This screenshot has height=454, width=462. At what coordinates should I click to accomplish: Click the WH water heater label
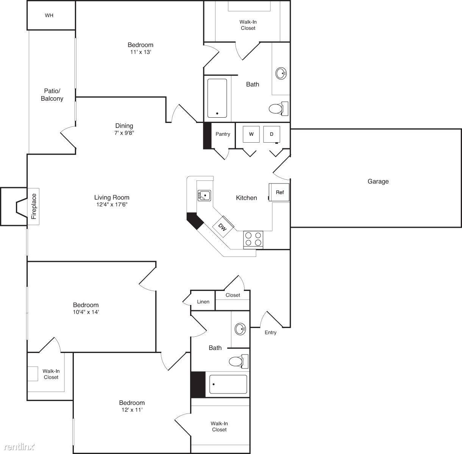49,16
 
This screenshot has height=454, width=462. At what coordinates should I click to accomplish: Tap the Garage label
378,181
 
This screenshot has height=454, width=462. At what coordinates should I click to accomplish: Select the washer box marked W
251,134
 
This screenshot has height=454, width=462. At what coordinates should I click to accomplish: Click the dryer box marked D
272,134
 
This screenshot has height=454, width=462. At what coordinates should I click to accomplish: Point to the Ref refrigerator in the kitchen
279,192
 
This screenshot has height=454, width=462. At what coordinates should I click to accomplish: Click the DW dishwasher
223,227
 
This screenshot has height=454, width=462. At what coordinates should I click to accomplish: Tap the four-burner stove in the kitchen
253,239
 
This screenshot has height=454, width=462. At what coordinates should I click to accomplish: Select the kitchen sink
204,196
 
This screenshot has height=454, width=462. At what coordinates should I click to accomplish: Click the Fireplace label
34,206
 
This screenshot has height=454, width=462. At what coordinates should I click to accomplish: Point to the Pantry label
223,134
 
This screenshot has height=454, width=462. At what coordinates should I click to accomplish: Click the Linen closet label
203,302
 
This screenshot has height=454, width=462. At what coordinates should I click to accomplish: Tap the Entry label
270,333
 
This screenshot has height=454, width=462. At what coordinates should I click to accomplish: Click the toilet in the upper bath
278,109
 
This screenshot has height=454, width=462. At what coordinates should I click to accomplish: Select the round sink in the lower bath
240,329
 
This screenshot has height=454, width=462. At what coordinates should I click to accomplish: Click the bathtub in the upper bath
217,98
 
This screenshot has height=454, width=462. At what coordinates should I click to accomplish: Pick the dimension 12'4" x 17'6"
112,204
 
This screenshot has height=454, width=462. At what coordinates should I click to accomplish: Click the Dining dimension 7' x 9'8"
124,133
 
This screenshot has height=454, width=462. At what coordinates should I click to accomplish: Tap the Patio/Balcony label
52,95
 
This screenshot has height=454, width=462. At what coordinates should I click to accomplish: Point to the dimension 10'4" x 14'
86,312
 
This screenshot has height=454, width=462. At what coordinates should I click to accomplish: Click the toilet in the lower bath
239,361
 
